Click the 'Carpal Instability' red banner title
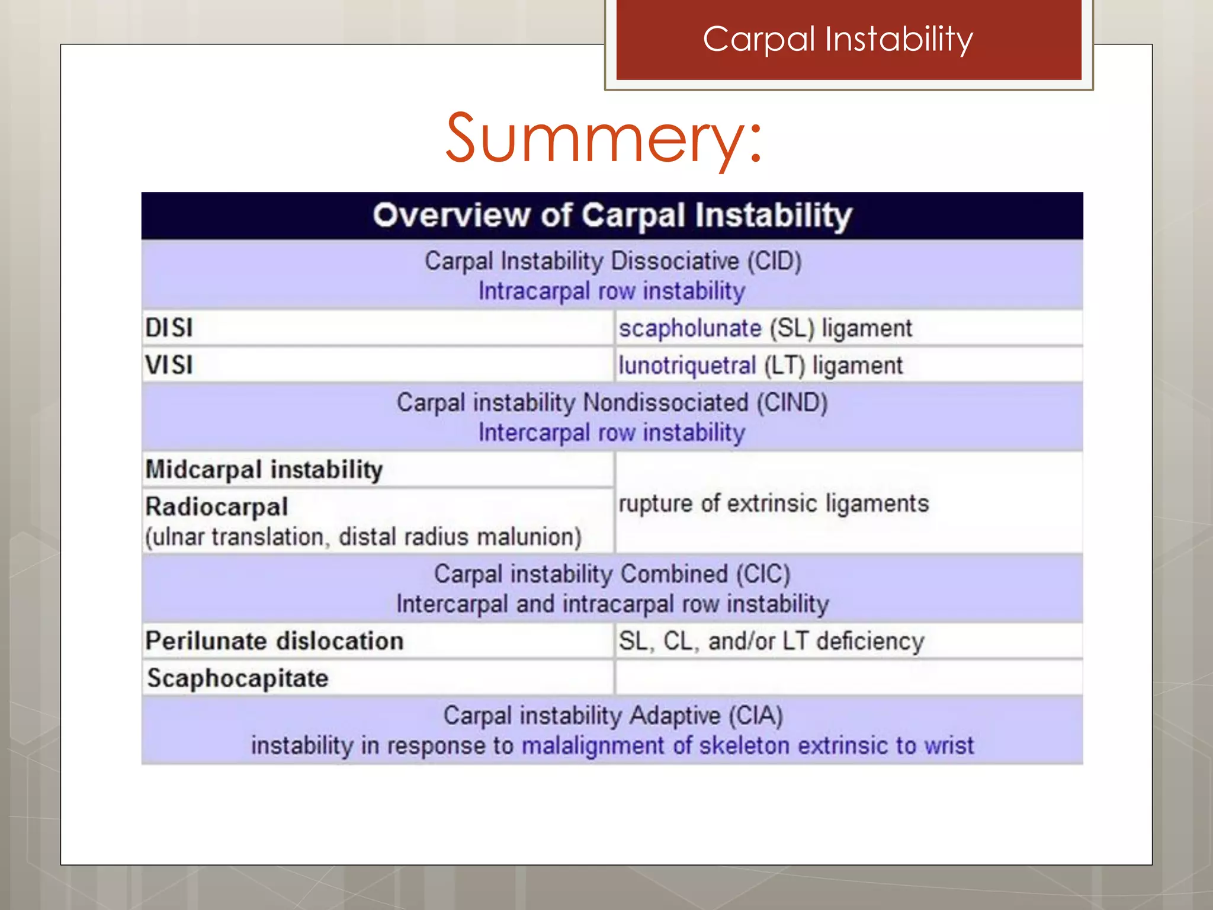(837, 39)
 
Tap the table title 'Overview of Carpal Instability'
(612, 215)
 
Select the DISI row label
(169, 328)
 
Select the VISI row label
(169, 365)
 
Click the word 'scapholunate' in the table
(690, 328)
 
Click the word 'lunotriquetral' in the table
(687, 366)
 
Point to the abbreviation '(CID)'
(774, 261)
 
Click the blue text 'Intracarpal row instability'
(612, 291)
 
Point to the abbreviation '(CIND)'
(791, 403)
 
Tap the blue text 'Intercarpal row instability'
(612, 432)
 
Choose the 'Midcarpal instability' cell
(264, 470)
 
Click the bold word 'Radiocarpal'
(217, 507)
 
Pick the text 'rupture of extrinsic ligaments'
(774, 504)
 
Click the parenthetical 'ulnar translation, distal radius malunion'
(363, 537)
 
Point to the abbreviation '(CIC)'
(763, 574)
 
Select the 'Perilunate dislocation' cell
(274, 641)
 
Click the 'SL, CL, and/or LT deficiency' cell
(771, 641)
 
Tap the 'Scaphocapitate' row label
(238, 678)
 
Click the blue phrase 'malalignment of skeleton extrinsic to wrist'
(747, 745)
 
